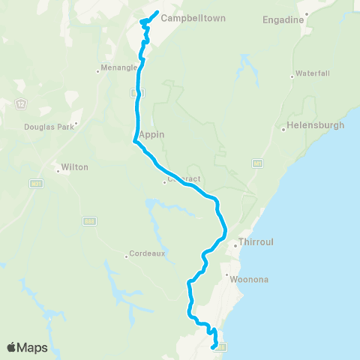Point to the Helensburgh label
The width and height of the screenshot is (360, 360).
coord(316,125)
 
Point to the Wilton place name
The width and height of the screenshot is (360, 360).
coord(76,167)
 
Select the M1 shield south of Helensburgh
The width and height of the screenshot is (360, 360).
coord(257,163)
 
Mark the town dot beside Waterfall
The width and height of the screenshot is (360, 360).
coord(292,76)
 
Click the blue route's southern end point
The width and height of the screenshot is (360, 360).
coord(214,347)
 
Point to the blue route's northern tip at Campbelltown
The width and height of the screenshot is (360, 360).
coord(156,12)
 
